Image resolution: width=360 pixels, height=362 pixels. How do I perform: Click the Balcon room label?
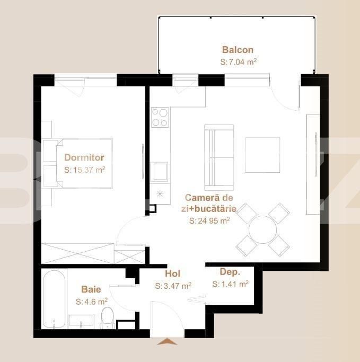238,50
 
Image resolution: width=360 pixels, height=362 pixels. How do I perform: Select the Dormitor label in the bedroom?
84,157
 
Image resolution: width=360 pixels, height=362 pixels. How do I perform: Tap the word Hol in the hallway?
172,274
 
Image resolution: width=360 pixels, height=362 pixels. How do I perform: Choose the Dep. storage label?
230,272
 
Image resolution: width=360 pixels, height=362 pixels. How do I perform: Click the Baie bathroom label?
91,289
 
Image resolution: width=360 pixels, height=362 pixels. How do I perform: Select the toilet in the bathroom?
108,317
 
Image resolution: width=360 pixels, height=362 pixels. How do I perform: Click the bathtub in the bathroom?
54,299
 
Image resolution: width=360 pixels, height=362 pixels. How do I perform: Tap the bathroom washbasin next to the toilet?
81,321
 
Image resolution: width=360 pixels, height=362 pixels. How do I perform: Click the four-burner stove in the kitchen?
160,117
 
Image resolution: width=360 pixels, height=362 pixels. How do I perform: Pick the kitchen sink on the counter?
159,172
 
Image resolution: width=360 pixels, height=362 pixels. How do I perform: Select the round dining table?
262,229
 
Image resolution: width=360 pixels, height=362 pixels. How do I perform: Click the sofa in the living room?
219,158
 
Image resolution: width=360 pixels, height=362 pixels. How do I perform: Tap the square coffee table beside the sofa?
262,155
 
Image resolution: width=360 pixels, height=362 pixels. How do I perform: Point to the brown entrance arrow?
167,342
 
